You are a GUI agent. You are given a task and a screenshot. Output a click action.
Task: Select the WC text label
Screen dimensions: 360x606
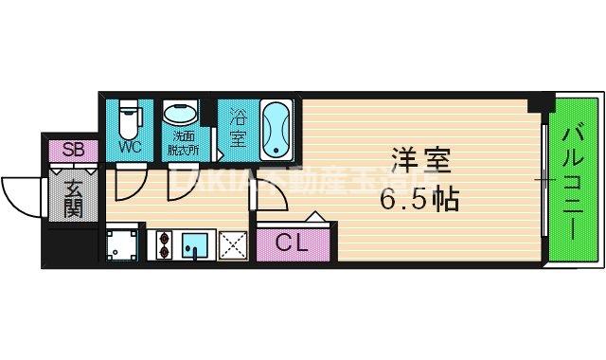130,148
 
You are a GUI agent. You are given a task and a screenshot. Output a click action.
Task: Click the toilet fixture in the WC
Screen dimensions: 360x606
131,118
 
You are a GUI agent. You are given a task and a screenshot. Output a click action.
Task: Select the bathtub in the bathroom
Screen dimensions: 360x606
277,130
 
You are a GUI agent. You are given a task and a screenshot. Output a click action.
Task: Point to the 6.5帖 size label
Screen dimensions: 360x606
419,200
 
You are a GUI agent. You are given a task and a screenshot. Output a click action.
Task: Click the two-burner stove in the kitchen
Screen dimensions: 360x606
160,243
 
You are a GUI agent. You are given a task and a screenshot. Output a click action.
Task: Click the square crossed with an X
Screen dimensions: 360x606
233,244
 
